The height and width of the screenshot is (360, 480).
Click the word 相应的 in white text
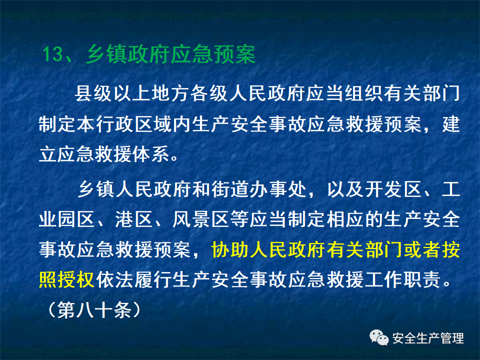(x=344, y=219)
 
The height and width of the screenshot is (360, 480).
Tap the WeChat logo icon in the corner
(x=378, y=338)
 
